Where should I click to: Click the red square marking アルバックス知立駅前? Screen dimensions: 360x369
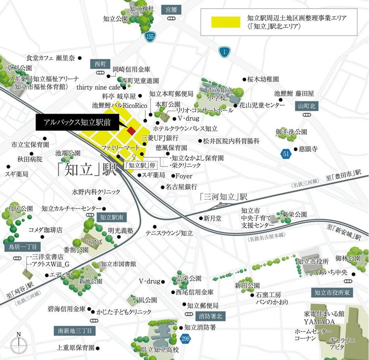click(132, 131)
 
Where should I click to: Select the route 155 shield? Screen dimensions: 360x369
click(150, 37)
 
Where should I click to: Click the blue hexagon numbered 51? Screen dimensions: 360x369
click(286, 154)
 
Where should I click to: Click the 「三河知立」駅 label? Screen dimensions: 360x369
click(223, 197)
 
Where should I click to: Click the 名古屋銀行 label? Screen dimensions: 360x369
click(181, 187)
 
